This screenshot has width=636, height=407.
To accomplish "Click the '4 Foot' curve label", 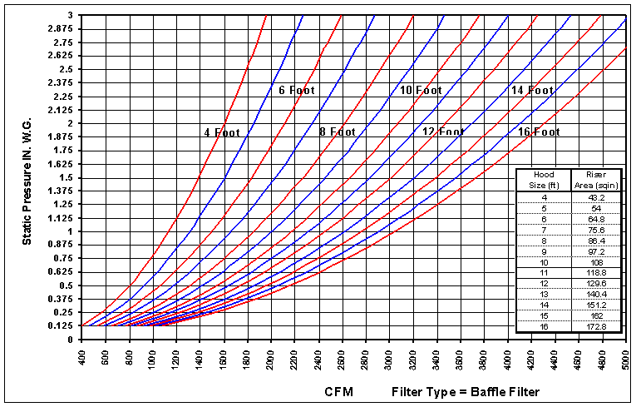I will pyautogui.click(x=220, y=132).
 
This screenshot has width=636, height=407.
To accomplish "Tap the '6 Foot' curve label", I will pyautogui.click(x=297, y=90).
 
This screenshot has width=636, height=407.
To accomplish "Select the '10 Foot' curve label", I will pyautogui.click(x=420, y=90).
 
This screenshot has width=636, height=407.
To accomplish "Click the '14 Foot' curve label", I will pyautogui.click(x=531, y=90).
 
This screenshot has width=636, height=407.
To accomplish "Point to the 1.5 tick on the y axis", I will pyautogui.click(x=66, y=178).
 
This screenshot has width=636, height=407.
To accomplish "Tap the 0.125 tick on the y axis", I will pyautogui.click(x=61, y=326).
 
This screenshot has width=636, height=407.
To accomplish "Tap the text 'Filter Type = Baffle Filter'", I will pyautogui.click(x=466, y=390).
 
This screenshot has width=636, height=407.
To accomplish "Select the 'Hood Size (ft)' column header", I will pyautogui.click(x=543, y=180).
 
